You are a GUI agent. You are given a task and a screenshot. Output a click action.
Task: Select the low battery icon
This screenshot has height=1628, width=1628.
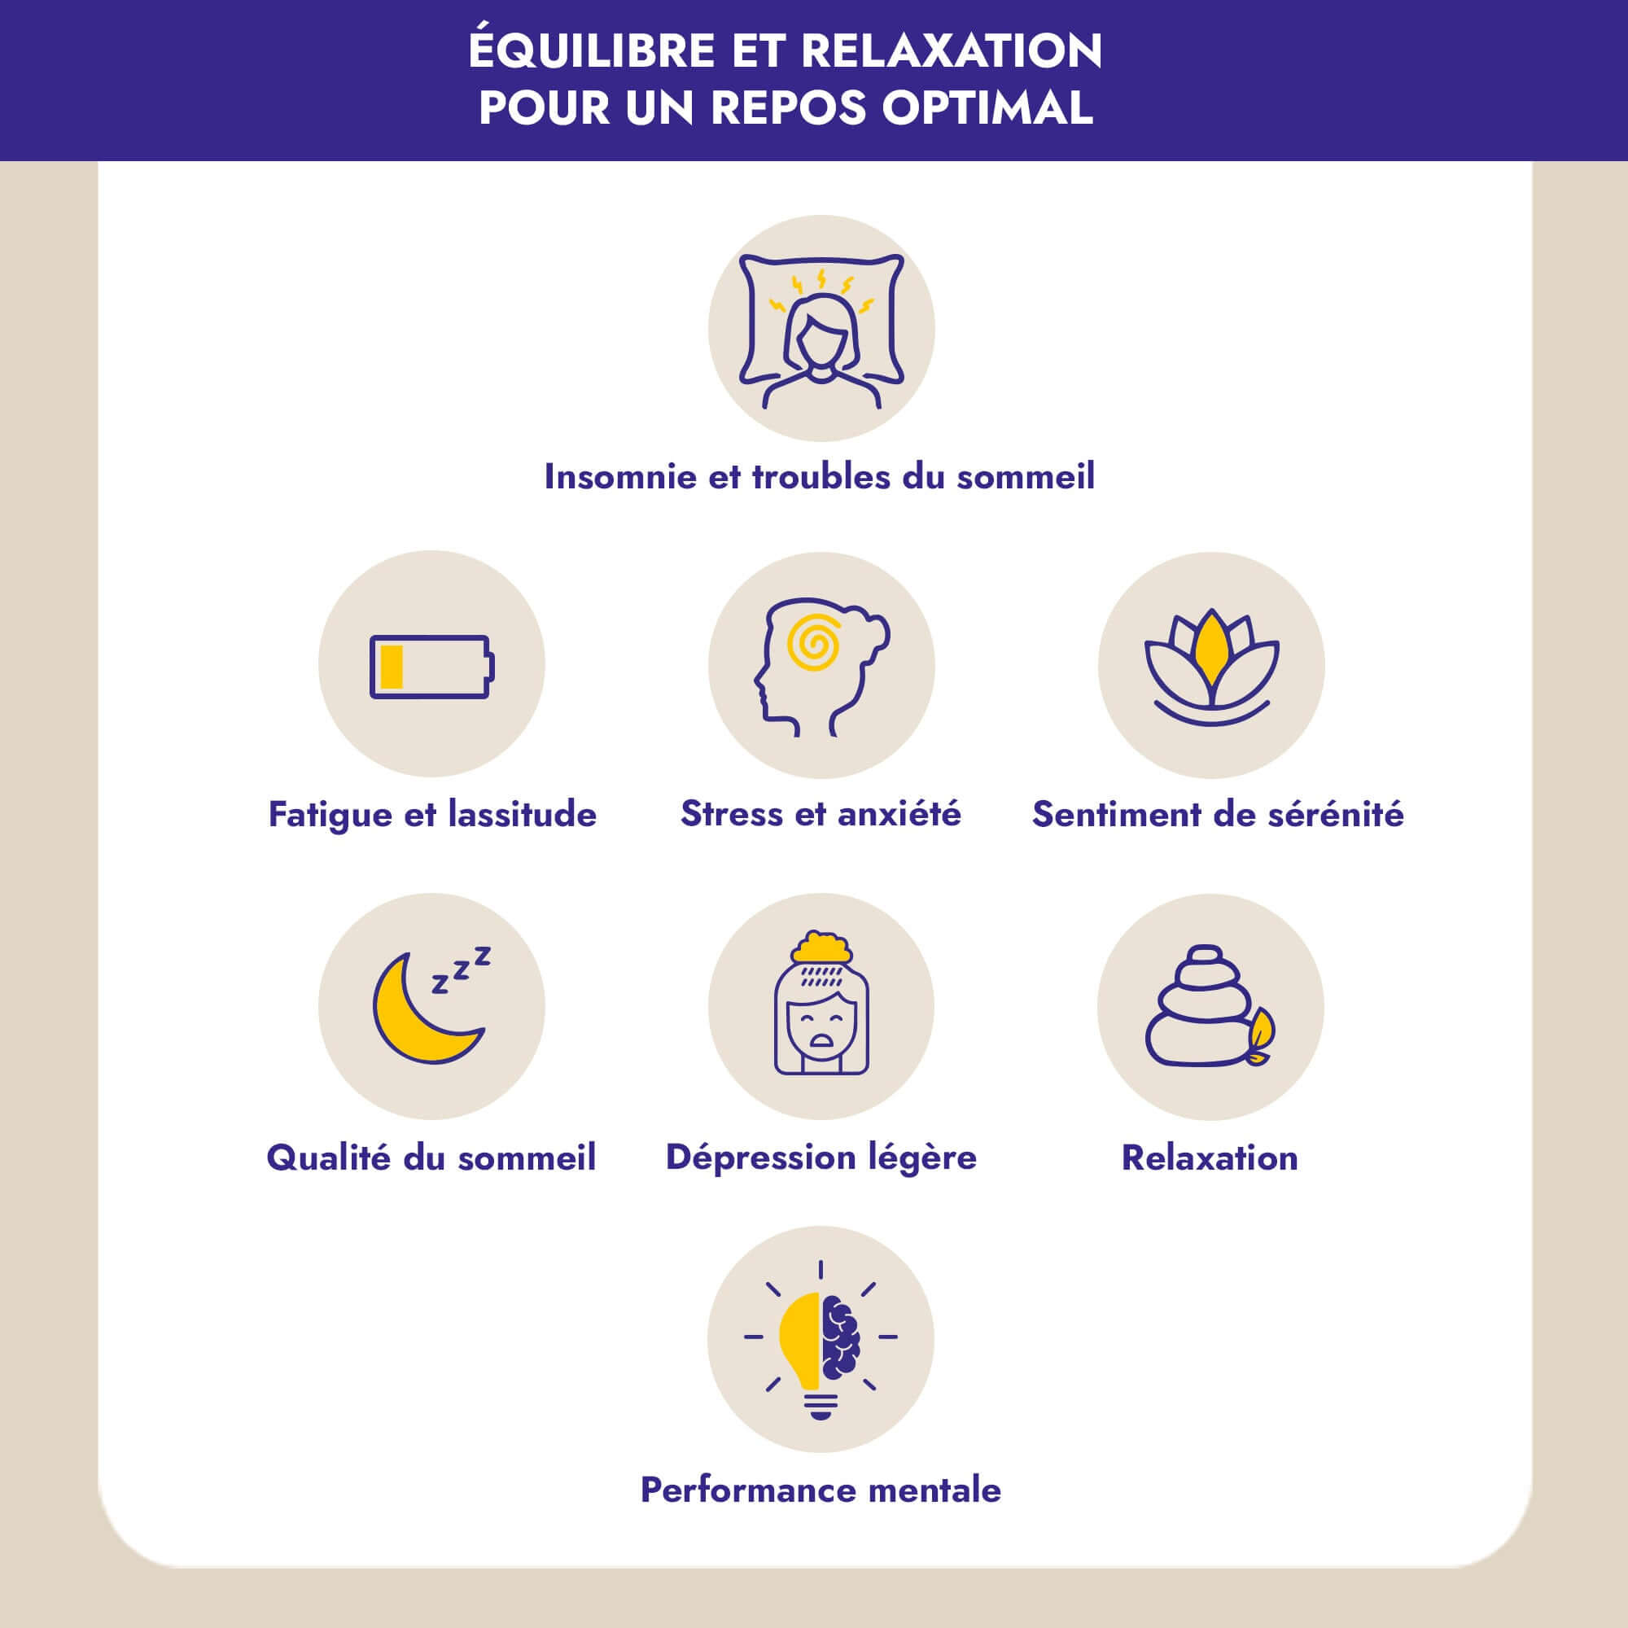coord(431,667)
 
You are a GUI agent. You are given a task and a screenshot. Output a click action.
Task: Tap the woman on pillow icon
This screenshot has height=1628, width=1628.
coord(821,331)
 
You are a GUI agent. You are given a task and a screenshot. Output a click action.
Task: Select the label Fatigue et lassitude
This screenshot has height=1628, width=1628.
coord(432,815)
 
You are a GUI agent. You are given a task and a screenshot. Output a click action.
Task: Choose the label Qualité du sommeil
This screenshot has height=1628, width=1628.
coord(431,1158)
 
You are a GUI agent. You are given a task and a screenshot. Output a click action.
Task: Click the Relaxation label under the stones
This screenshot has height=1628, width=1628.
coord(1210,1158)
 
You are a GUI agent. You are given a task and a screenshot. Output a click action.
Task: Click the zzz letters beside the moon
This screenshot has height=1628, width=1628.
coord(461,970)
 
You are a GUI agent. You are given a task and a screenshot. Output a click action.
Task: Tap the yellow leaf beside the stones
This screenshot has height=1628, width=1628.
coord(1262,1034)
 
